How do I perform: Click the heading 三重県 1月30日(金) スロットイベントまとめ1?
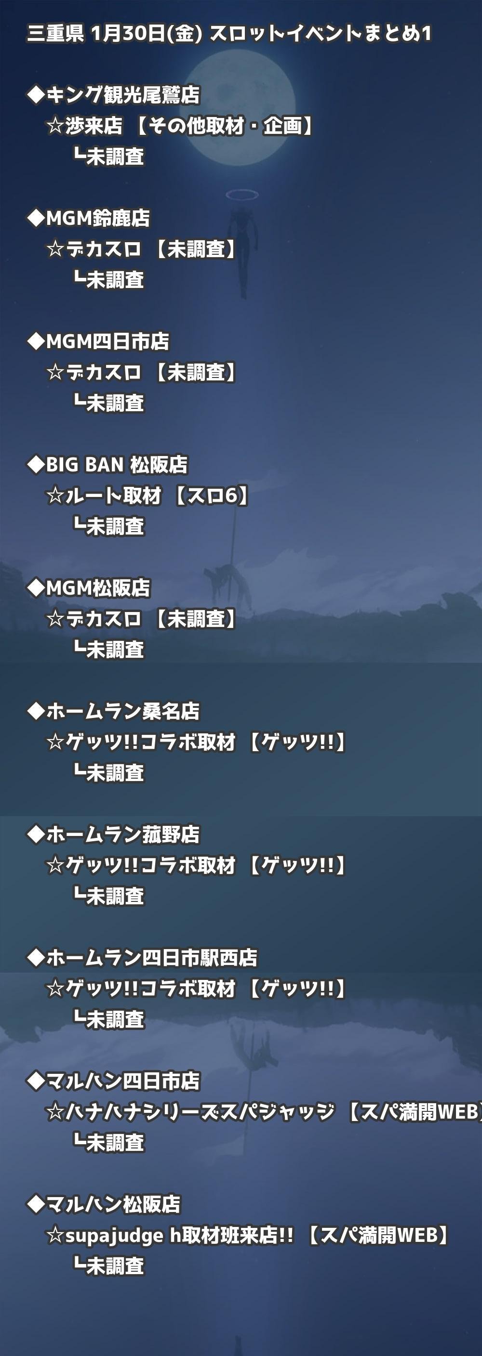tap(229, 34)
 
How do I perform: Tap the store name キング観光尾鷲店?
tap(123, 95)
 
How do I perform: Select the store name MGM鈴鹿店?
tap(98, 218)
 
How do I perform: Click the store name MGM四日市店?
tap(107, 341)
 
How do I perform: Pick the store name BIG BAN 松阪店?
tap(117, 464)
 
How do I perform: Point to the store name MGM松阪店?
tap(98, 587)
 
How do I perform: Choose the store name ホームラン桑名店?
tap(123, 711)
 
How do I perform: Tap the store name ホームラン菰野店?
tap(123, 834)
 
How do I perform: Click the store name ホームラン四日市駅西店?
tap(152, 957)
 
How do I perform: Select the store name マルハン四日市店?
tap(123, 1080)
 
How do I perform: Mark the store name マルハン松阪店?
tap(113, 1203)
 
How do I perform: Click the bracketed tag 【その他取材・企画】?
tap(224, 126)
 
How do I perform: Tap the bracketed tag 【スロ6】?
tap(210, 495)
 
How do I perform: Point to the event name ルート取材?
tap(113, 495)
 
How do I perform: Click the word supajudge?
tap(114, 1235)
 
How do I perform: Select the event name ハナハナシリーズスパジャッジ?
tap(200, 1111)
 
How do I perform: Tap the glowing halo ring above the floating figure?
tap(242, 195)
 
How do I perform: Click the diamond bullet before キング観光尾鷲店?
tap(36, 95)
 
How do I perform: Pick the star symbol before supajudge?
tap(55, 1235)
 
